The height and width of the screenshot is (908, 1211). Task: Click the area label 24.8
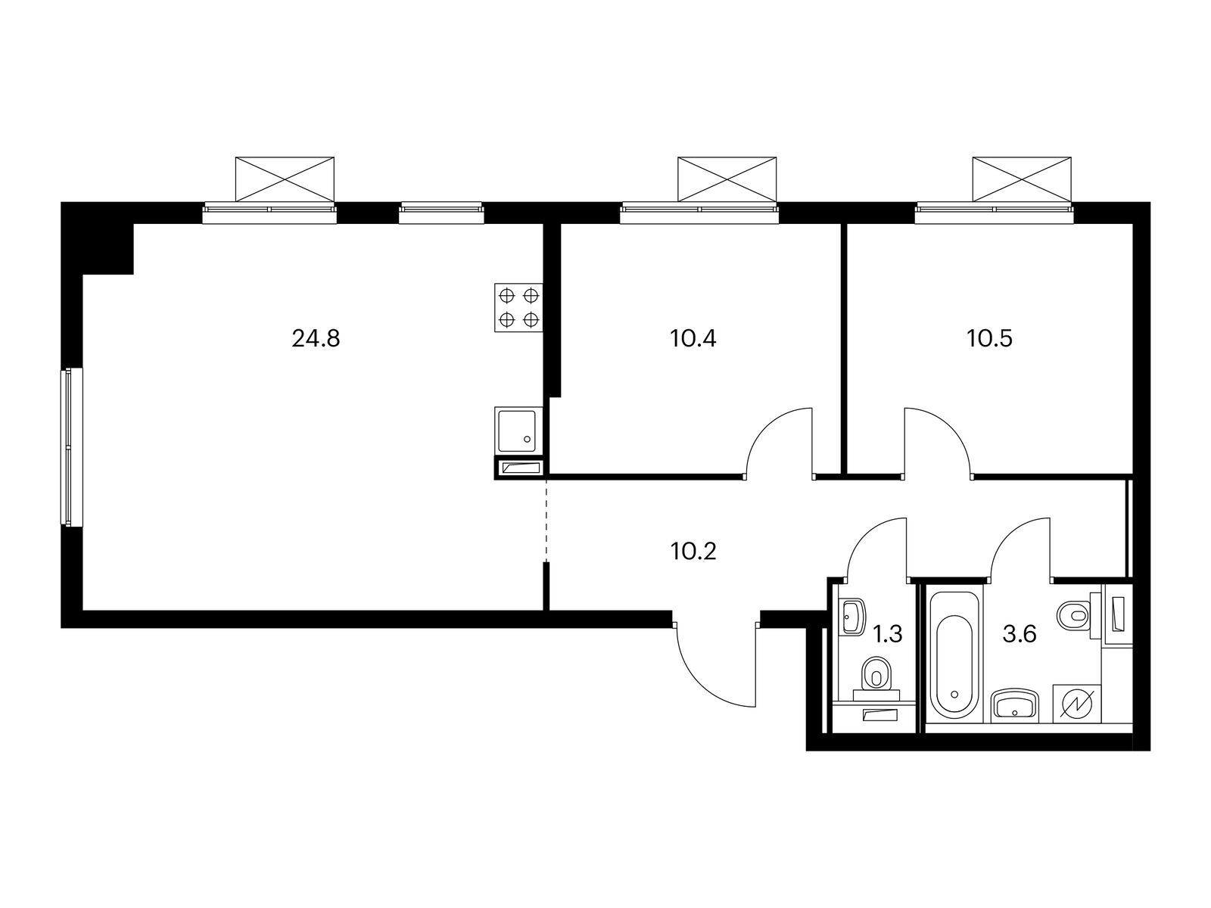coord(316,338)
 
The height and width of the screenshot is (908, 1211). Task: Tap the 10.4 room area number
coord(693,338)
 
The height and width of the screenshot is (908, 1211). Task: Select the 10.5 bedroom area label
coord(988,338)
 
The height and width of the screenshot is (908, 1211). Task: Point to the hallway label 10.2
coord(693,551)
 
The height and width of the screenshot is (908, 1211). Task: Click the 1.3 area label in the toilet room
coord(888,634)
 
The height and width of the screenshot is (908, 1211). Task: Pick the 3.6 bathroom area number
coord(1019,634)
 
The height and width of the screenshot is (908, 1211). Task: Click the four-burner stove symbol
coord(519,307)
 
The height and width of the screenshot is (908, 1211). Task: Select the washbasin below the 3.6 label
coord(1014,704)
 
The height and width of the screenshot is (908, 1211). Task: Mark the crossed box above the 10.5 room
coord(1022,179)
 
